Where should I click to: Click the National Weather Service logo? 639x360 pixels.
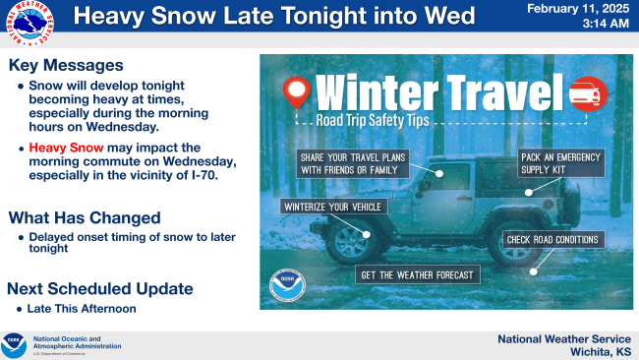pyautogui.click(x=29, y=24)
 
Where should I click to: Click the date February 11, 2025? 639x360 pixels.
pyautogui.click(x=578, y=9)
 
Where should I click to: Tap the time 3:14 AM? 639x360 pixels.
pyautogui.click(x=606, y=24)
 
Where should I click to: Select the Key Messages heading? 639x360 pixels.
pyautogui.click(x=66, y=65)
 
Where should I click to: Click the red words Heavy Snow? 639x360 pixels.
pyautogui.click(x=66, y=148)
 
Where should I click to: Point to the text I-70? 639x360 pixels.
pyautogui.click(x=204, y=175)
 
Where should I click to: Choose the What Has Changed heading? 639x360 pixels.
pyautogui.click(x=85, y=217)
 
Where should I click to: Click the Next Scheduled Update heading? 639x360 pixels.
pyautogui.click(x=100, y=288)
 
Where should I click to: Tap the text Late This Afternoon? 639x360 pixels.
pyautogui.click(x=82, y=309)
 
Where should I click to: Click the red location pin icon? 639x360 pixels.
pyautogui.click(x=297, y=92)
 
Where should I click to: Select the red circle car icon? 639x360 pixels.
pyautogui.click(x=588, y=93)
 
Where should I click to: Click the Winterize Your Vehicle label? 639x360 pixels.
pyautogui.click(x=333, y=207)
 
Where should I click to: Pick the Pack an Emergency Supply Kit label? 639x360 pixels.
pyautogui.click(x=560, y=163)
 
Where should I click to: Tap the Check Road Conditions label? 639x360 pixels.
pyautogui.click(x=553, y=240)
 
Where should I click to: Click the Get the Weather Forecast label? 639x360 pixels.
pyautogui.click(x=417, y=275)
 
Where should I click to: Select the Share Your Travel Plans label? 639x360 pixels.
pyautogui.click(x=353, y=163)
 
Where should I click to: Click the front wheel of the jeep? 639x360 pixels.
pyautogui.click(x=351, y=242)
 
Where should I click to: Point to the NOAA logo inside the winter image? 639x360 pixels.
pyautogui.click(x=287, y=285)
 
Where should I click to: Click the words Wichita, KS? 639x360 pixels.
pyautogui.click(x=601, y=351)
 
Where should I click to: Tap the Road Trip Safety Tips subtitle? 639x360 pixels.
pyautogui.click(x=373, y=120)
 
